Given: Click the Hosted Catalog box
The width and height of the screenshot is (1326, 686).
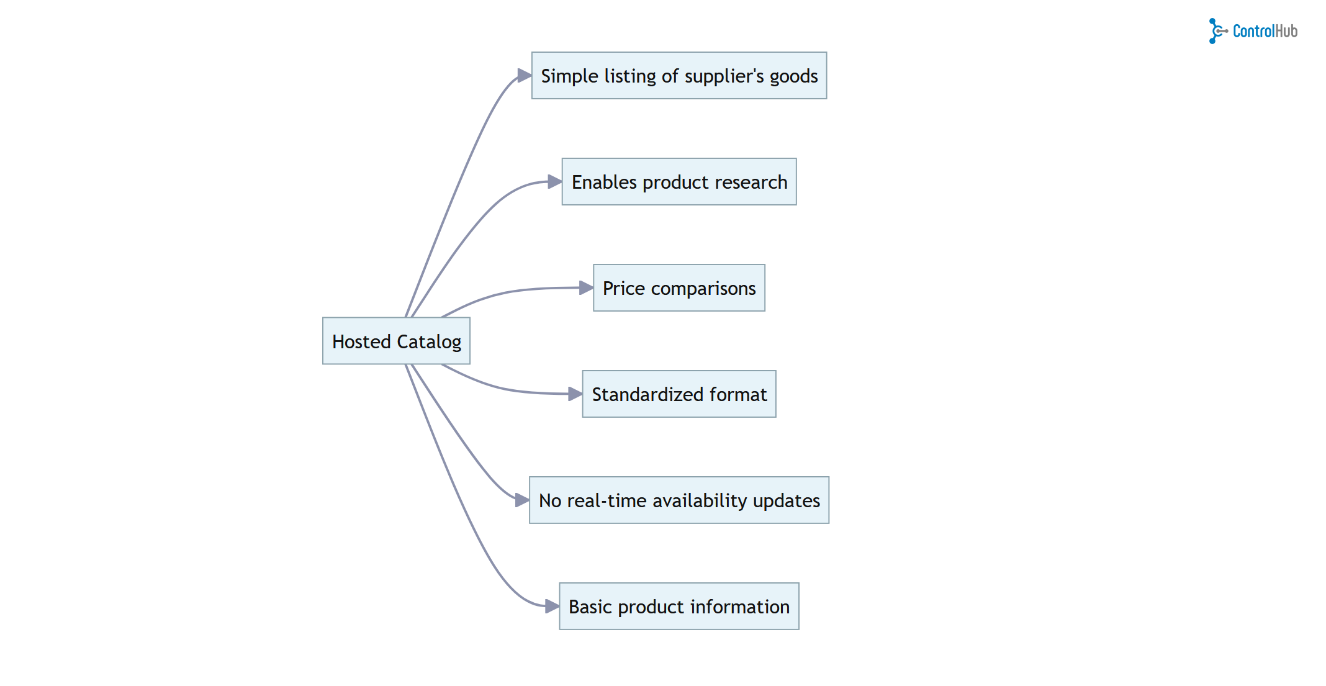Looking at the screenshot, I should click(396, 341).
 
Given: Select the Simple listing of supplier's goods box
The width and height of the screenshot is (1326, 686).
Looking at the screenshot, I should click(679, 76).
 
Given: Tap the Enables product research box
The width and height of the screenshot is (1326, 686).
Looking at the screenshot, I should click(679, 182).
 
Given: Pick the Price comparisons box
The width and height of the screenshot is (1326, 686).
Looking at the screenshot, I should click(679, 288).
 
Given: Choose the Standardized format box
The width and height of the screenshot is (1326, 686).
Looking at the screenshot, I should click(679, 394).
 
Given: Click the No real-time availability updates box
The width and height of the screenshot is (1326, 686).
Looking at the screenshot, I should click(679, 500).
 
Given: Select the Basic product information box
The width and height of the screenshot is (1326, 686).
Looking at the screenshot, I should click(679, 607).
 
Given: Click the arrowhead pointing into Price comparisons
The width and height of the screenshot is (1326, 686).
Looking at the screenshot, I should click(585, 287).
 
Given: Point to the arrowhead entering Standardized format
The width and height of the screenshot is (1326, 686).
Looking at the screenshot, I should click(575, 394).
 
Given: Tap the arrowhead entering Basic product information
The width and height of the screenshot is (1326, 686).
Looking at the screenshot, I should click(551, 606).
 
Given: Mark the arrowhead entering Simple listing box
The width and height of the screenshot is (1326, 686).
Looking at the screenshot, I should click(524, 76).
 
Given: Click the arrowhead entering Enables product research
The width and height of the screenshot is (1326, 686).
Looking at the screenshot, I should click(554, 182).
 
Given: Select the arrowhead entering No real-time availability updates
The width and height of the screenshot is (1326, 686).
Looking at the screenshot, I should click(521, 500).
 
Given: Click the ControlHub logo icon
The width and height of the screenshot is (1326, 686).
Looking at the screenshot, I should click(1217, 31).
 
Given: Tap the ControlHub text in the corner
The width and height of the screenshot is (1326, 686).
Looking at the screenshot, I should click(1265, 31).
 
